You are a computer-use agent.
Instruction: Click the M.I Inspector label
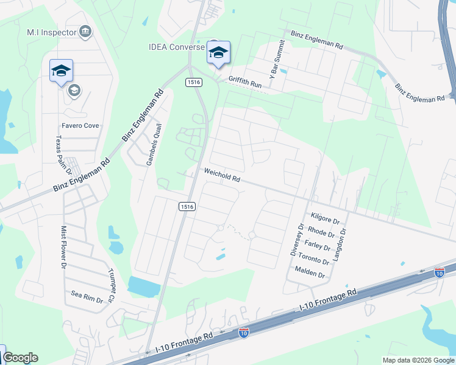coord(52,32)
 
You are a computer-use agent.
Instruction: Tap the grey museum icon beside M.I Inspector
coord(86,32)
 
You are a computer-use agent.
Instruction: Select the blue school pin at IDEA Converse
coord(218,52)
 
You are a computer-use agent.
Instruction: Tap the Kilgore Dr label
coord(323,216)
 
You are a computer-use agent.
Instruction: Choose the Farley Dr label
coord(317,246)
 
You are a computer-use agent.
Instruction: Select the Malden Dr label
coord(310,274)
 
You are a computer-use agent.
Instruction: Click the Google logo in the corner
coord(20,358)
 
